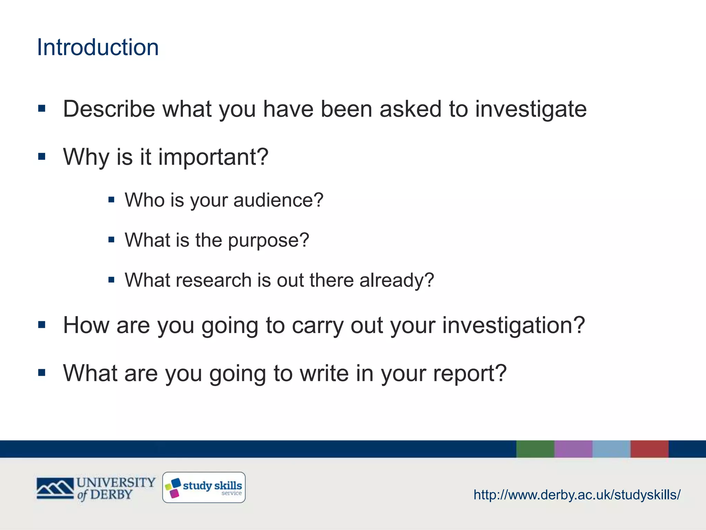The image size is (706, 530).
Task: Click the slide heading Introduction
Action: point(98,47)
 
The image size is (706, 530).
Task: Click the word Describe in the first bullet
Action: point(109,109)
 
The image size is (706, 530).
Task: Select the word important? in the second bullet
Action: point(213,157)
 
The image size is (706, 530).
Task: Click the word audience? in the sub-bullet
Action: point(278,200)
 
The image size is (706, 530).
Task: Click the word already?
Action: point(396,281)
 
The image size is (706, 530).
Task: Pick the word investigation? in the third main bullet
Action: point(513,325)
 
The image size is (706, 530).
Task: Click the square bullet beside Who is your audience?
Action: point(111,199)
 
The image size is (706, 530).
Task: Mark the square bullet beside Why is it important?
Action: point(42,157)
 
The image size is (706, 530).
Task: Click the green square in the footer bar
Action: point(535,449)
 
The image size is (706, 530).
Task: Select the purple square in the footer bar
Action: point(573,449)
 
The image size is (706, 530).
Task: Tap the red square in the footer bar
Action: point(649,449)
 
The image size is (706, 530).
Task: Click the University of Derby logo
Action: point(96,488)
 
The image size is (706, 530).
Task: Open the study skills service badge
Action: point(204,487)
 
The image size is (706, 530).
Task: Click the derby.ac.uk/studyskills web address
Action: point(577,495)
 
